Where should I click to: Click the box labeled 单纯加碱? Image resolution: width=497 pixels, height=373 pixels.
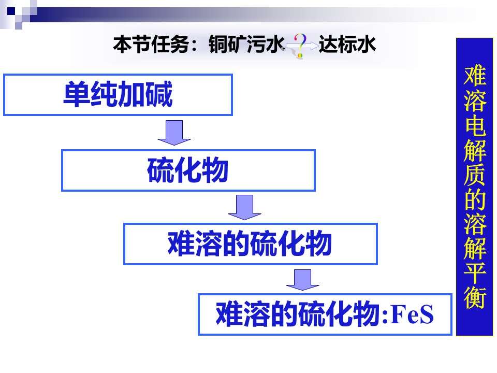click(x=118, y=95)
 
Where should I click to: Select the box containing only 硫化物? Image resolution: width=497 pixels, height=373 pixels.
click(x=188, y=170)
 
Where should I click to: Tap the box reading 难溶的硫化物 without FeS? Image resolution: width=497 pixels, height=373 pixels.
click(x=251, y=244)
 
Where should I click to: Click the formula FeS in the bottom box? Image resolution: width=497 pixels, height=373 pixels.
click(x=413, y=314)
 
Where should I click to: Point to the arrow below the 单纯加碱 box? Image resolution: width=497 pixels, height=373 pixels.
click(x=174, y=133)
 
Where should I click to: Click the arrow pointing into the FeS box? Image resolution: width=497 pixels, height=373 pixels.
click(x=302, y=280)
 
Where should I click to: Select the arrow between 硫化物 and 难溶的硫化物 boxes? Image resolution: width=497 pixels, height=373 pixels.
click(x=244, y=207)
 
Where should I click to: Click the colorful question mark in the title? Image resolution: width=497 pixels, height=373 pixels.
click(x=300, y=46)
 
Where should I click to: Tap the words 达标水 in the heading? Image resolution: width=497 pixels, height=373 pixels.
click(x=347, y=44)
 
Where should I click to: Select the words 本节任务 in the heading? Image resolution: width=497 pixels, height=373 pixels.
click(x=151, y=44)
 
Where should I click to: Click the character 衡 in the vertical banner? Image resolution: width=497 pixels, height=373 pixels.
click(x=475, y=297)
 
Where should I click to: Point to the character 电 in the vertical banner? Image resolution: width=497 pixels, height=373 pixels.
click(x=475, y=124)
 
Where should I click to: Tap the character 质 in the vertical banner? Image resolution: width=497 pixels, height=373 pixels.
click(x=475, y=174)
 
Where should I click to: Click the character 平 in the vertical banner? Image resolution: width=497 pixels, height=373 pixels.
click(x=475, y=272)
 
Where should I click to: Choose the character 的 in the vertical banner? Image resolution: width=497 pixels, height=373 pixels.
click(x=475, y=198)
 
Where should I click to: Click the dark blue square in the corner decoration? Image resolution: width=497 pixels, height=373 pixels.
click(x=11, y=11)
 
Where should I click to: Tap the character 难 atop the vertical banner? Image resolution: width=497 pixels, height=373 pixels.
click(x=475, y=75)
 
